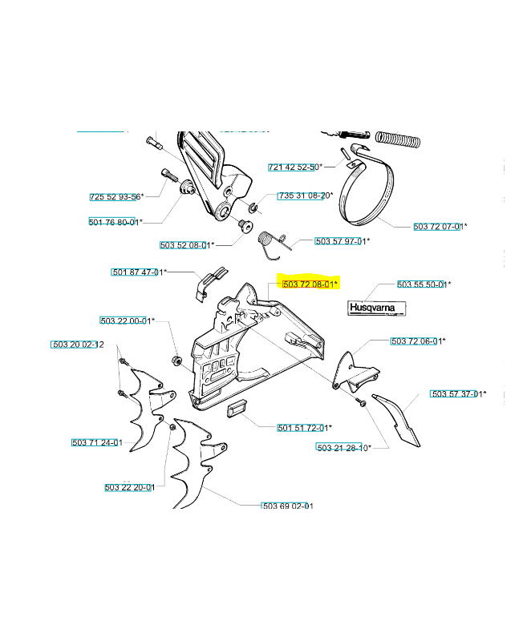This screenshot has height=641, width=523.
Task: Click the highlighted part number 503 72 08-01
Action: tap(310, 284)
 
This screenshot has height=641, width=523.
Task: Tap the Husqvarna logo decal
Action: tap(377, 308)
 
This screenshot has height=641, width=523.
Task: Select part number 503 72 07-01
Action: tap(440, 226)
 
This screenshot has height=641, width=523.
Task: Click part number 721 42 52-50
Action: tap(295, 167)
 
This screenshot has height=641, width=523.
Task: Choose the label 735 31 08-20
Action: tap(306, 196)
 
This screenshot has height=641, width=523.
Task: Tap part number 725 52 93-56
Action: tap(116, 196)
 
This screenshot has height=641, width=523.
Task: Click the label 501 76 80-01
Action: tap(116, 222)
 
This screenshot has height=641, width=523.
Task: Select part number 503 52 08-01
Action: tap(187, 245)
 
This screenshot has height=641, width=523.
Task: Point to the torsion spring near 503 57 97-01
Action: tap(272, 244)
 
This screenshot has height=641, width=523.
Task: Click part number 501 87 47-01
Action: tap(139, 272)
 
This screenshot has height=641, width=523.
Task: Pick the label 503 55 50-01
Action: tap(424, 284)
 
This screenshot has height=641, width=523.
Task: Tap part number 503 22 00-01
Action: tap(128, 320)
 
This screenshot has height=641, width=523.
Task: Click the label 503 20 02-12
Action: tap(77, 345)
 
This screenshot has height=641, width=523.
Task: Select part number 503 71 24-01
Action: tap(97, 442)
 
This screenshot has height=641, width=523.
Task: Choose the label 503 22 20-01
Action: tap(130, 487)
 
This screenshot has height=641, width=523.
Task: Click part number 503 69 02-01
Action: tap(287, 506)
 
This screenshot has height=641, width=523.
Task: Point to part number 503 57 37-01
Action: tap(458, 394)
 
